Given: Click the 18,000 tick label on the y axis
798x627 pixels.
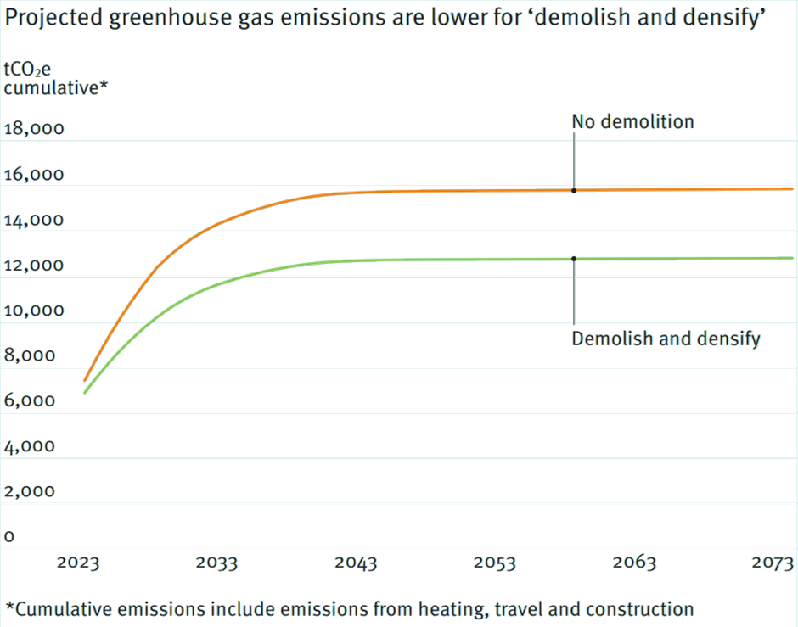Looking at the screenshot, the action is [34, 129].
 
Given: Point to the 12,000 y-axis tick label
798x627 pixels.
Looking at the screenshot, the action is [34, 265].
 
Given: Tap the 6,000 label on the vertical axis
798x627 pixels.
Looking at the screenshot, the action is [29, 400].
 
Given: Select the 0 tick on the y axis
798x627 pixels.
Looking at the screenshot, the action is [9, 536].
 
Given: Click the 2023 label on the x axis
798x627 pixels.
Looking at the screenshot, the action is [78, 563].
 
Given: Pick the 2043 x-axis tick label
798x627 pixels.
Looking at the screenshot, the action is [356, 563].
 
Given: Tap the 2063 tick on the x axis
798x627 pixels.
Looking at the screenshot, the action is [634, 563].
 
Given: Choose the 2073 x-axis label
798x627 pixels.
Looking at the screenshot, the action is [773, 563].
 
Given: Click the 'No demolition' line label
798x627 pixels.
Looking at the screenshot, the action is [632, 121].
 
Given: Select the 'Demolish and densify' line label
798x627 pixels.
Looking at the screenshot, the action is [666, 339].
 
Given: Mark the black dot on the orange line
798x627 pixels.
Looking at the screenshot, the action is [574, 191].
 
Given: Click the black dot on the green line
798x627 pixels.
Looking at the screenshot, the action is [574, 259].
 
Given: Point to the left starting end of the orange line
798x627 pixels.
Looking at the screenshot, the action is [85, 380].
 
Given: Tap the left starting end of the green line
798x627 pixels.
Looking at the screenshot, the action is [85, 393].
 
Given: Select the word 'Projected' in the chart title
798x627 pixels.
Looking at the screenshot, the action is [53, 18].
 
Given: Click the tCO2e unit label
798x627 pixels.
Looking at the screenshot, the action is [27, 70].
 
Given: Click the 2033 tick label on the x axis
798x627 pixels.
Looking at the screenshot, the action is [216, 563].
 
